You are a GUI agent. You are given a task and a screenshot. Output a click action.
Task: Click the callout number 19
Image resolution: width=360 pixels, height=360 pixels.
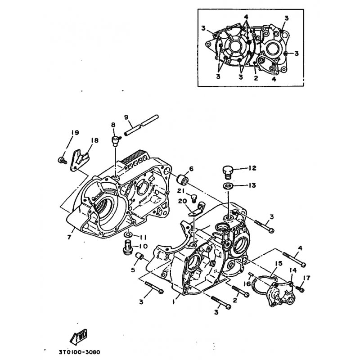[75, 132]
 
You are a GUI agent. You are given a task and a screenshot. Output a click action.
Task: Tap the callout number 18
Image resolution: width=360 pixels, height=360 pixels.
[94, 140]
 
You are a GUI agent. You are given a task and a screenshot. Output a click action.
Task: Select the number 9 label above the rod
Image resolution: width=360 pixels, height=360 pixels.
[126, 117]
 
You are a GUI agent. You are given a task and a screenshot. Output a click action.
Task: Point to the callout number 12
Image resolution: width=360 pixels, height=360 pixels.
[252, 168]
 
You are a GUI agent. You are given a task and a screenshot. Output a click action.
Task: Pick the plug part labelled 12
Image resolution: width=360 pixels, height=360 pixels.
[227, 171]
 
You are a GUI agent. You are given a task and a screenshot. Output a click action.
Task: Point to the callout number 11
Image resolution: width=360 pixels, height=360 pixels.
[143, 237]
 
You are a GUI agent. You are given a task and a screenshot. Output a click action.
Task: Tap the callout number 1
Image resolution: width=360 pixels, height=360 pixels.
[173, 302]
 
